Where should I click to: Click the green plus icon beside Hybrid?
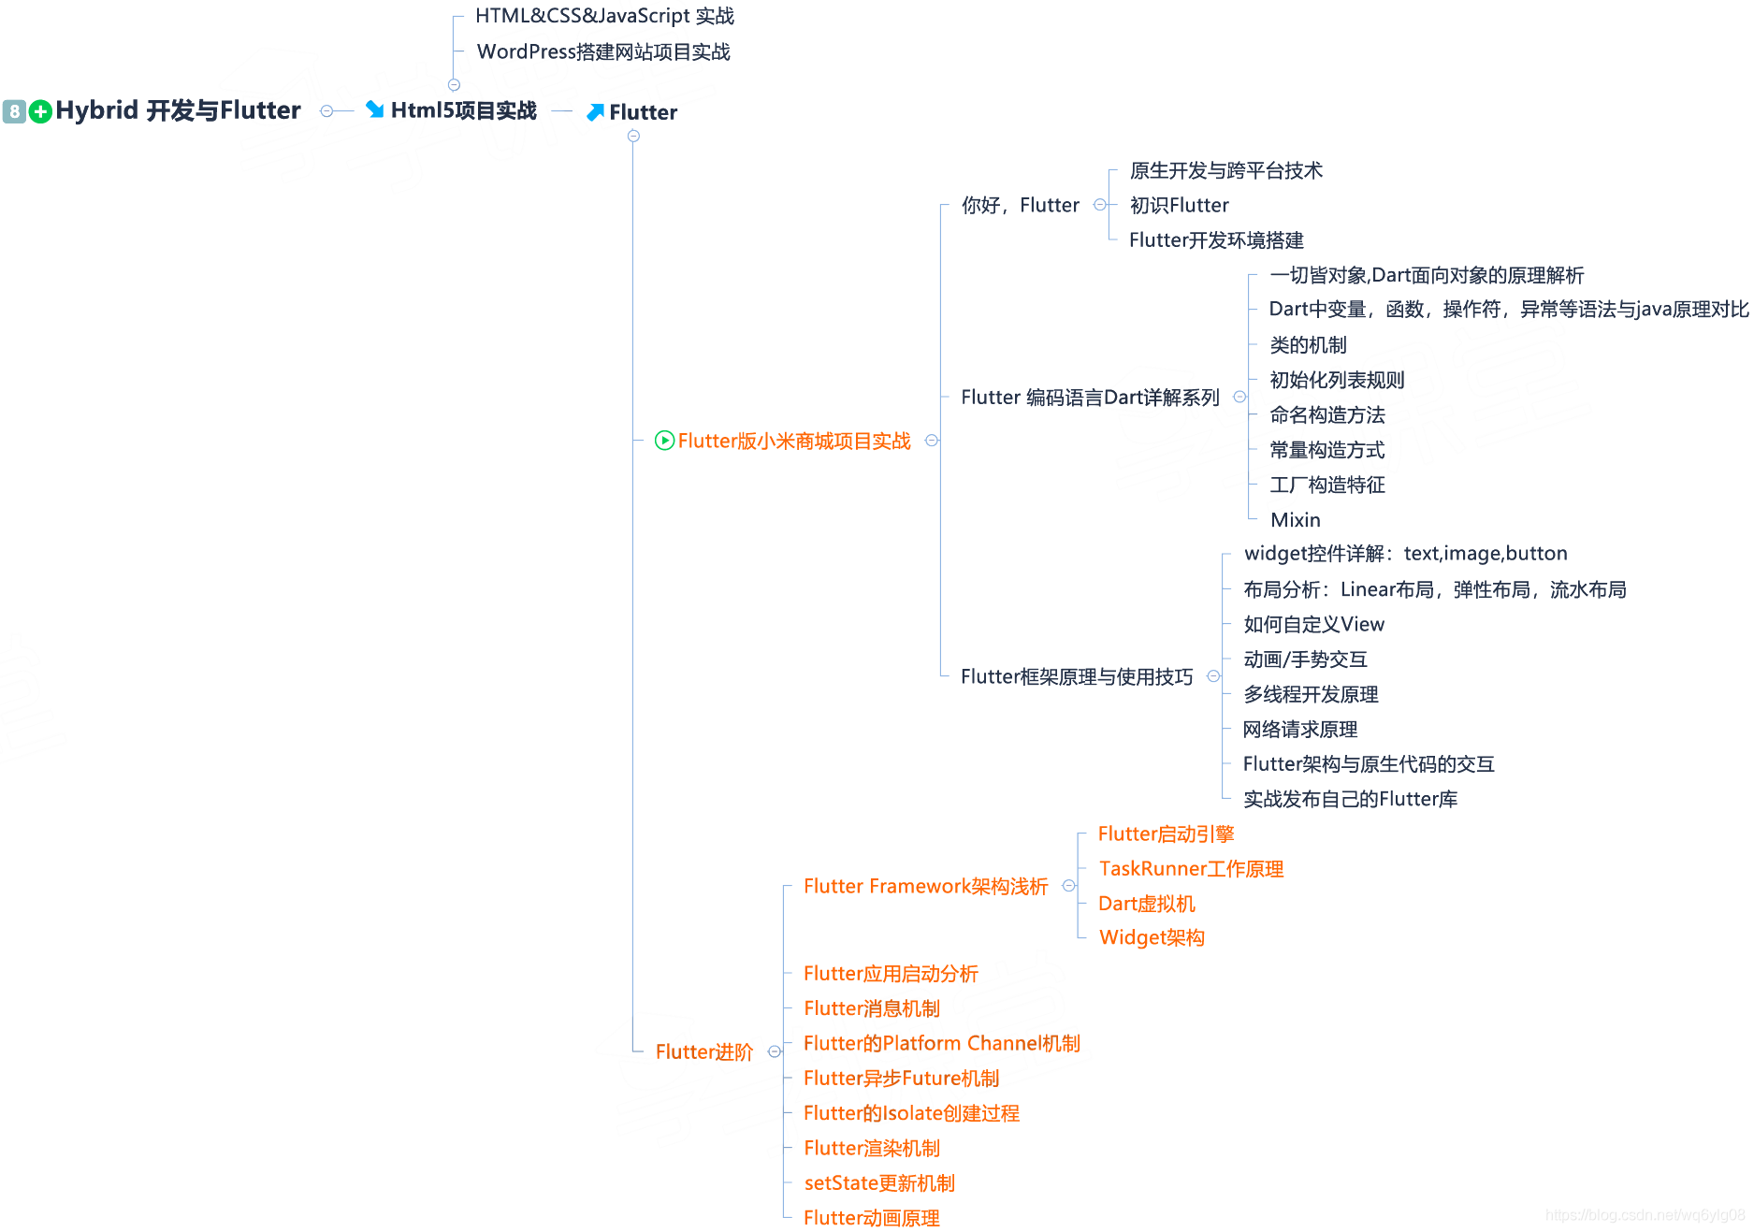point(40,112)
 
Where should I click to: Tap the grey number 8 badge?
point(14,112)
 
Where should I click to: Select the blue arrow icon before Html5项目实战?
point(375,109)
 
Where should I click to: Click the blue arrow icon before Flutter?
point(595,112)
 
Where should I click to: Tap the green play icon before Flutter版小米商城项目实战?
point(664,441)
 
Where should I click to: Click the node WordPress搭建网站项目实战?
point(603,51)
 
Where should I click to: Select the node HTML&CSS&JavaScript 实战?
point(604,16)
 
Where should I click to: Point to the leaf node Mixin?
point(1296,520)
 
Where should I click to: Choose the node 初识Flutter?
point(1179,205)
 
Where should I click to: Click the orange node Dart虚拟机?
point(1147,904)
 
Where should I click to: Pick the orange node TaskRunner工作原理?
point(1191,869)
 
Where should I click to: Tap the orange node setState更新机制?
point(879,1183)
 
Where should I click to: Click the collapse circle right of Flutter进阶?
point(775,1051)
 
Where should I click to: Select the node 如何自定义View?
point(1313,624)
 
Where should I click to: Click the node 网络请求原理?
point(1300,730)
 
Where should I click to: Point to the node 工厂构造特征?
point(1327,485)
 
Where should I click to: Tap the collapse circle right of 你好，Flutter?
point(1100,205)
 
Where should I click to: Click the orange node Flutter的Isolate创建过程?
point(911,1113)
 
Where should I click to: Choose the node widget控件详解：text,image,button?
point(1405,554)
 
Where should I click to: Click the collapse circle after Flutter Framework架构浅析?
point(1069,886)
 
